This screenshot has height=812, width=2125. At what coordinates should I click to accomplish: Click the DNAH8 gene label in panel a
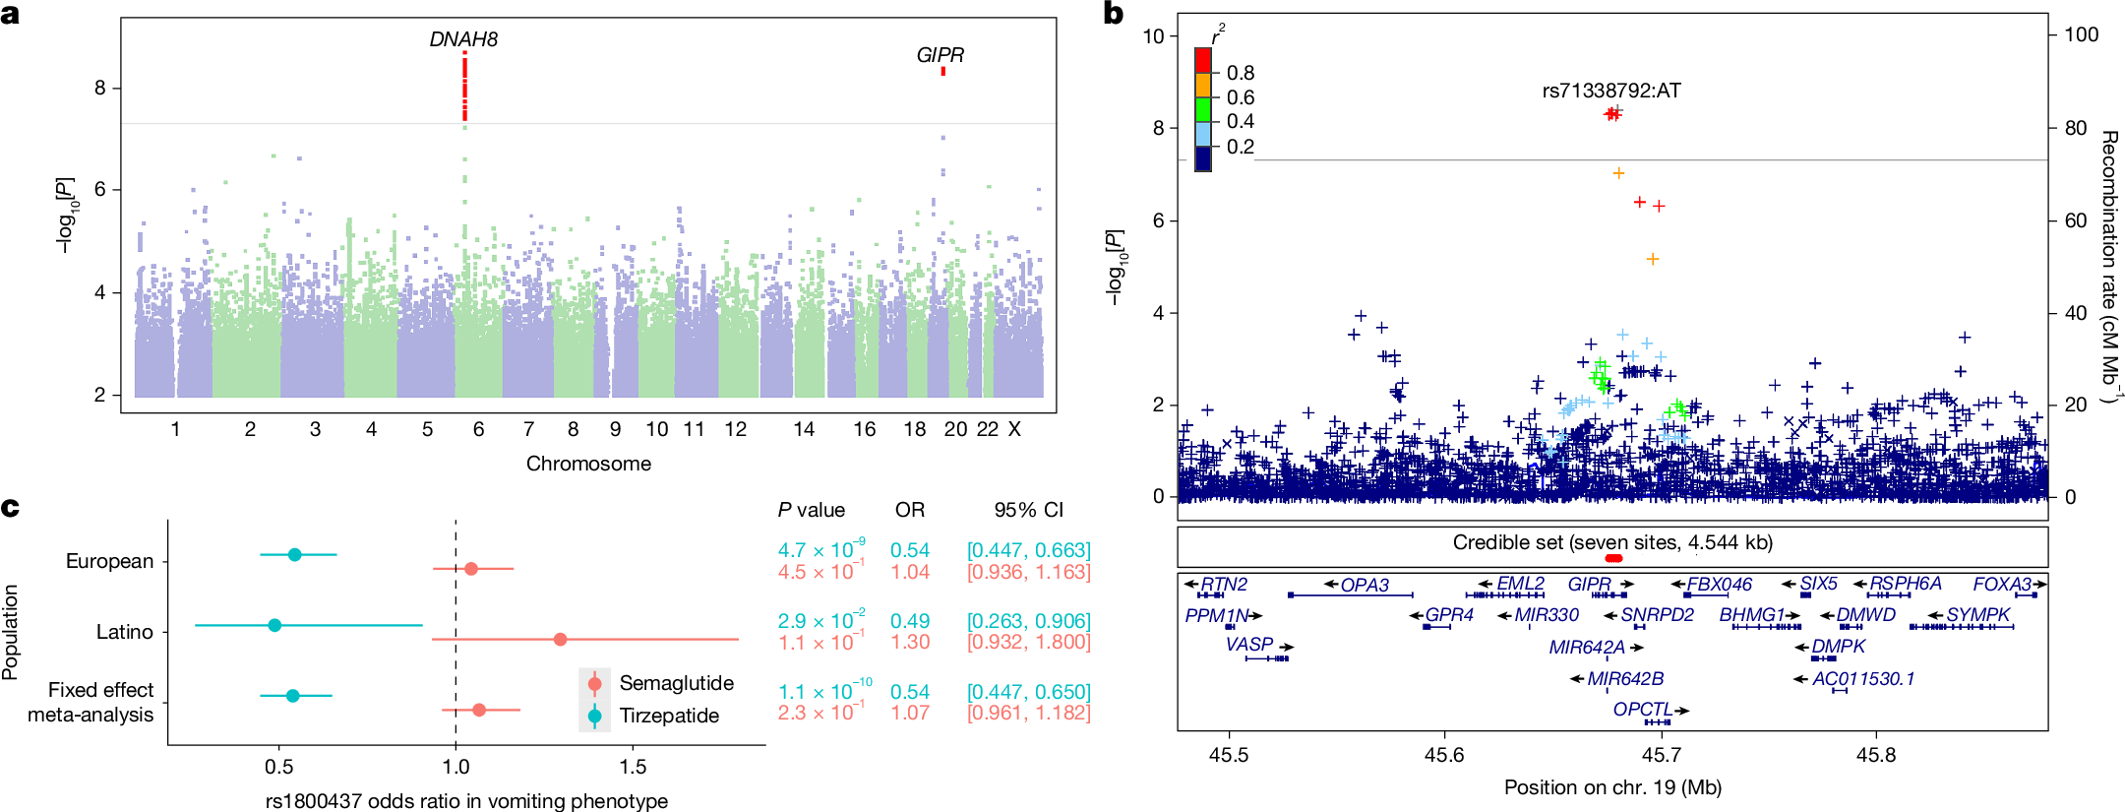[463, 39]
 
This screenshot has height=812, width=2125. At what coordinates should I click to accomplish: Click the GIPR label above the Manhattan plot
[940, 55]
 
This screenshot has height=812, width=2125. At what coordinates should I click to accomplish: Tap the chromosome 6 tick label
[478, 429]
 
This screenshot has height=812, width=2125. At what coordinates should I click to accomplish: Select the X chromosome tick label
[1014, 429]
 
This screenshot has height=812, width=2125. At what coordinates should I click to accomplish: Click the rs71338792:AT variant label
[1611, 91]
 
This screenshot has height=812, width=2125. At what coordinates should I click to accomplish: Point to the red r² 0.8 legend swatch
[1202, 61]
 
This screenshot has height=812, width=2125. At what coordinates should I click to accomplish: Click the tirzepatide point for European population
[295, 555]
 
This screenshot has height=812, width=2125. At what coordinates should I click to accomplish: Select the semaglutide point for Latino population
[560, 639]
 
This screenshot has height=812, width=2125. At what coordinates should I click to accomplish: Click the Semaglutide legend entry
[676, 683]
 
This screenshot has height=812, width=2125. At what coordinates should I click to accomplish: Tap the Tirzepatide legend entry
[669, 716]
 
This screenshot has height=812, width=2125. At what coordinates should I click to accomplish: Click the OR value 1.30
[910, 642]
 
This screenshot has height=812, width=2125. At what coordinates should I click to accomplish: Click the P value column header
[811, 510]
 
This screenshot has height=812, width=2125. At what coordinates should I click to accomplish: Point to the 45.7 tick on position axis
[1661, 755]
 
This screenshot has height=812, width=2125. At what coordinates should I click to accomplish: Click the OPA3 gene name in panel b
[1365, 585]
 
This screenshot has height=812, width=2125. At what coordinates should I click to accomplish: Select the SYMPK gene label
[1977, 615]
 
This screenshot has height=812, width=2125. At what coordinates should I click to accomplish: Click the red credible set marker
[1612, 558]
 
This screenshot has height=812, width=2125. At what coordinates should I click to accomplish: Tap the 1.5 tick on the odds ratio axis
[633, 767]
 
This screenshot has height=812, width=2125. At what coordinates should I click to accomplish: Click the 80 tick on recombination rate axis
[2076, 128]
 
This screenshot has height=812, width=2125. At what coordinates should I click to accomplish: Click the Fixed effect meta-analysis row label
[91, 702]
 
